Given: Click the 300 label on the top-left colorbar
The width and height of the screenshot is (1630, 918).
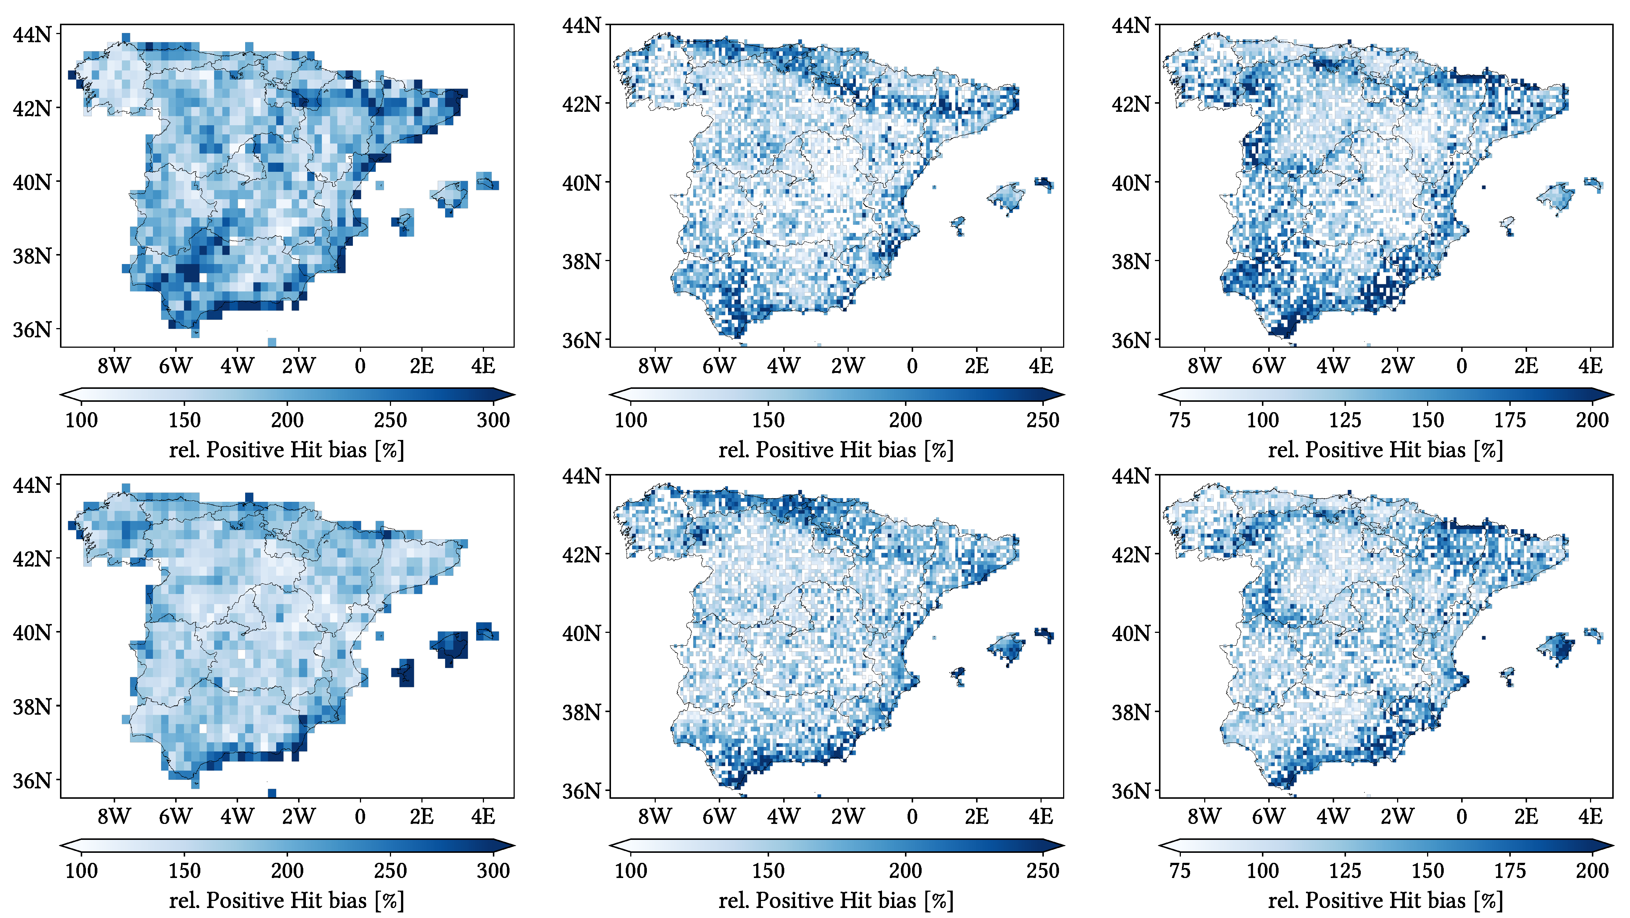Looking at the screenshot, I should pos(493,420).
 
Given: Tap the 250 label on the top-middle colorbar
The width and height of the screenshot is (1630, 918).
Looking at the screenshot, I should pos(1042,420).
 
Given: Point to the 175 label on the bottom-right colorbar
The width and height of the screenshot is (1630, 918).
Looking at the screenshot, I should pos(1510,871).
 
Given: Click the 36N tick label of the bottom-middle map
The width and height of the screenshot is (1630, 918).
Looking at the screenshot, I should pos(581,791).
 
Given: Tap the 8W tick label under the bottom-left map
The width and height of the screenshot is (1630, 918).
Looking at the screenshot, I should pos(114,817).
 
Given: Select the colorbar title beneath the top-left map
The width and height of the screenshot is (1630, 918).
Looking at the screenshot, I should pos(287,450).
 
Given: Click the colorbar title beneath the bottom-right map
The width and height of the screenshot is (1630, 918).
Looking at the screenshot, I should pos(1385,900).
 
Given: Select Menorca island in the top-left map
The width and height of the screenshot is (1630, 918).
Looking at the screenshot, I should pos(486,181).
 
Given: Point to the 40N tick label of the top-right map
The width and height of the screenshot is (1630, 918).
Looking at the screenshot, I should pos(1130,183).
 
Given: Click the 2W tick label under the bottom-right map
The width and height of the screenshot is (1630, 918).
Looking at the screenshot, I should pos(1396,817).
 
